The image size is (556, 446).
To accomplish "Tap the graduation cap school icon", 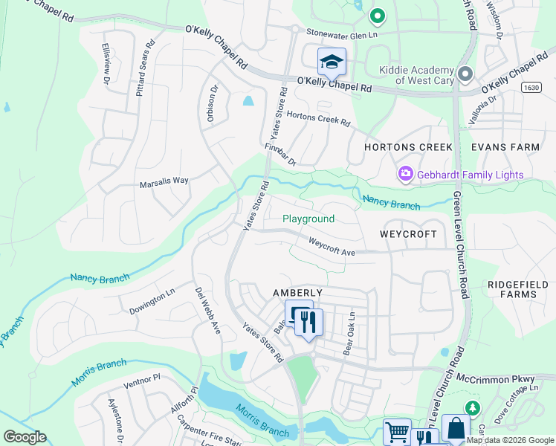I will tap(332, 62).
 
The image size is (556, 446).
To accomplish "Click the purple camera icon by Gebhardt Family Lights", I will tap(406, 174).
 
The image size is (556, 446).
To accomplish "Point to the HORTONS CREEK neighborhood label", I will tap(408, 147).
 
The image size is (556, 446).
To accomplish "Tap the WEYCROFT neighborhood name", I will tap(408, 233).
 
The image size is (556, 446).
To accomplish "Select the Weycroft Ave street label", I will tap(332, 247).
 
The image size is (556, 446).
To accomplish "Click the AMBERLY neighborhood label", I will tap(277, 293).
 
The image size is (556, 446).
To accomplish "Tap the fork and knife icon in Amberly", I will tap(308, 322).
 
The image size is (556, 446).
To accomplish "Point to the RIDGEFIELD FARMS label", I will tap(512, 289).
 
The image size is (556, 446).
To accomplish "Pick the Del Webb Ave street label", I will tap(207, 310).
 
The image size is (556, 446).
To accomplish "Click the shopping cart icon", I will tap(397, 432).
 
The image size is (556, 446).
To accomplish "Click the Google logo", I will tap(25, 437).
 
